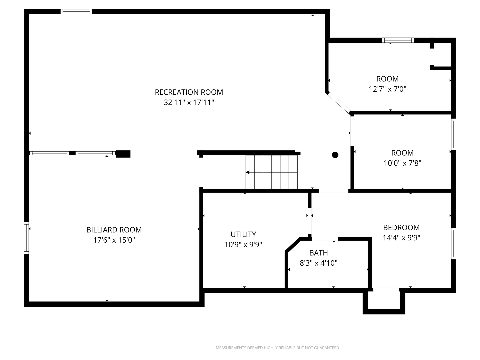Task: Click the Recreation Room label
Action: click(189, 92)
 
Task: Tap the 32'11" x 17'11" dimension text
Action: click(189, 102)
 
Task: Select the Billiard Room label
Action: click(114, 230)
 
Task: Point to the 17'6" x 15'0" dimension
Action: click(114, 240)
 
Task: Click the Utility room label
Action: click(243, 234)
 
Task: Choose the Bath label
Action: click(318, 253)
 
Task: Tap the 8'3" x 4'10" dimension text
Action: click(318, 263)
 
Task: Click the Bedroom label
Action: click(401, 228)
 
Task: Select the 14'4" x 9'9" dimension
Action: click(401, 238)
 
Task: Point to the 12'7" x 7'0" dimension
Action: click(387, 89)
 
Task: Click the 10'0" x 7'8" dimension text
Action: click(402, 163)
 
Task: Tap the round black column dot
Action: click(335, 155)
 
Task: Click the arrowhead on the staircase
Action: click(248, 172)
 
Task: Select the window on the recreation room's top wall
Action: click(76, 12)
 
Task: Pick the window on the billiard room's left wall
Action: click(26, 238)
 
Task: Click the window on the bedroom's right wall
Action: click(454, 243)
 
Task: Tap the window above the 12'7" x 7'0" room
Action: click(398, 40)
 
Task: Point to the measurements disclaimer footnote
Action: click(278, 348)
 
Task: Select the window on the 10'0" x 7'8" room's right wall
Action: click(454, 134)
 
